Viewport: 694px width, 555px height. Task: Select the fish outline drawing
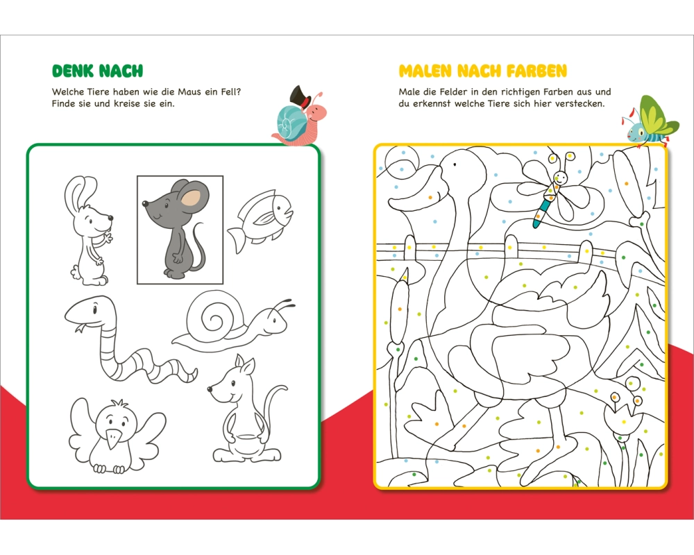[260, 221]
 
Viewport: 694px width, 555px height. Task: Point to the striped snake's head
[91, 311]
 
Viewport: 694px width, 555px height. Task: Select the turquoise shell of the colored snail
[290, 120]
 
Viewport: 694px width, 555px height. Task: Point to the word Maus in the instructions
[189, 92]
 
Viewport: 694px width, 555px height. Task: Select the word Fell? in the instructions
[230, 92]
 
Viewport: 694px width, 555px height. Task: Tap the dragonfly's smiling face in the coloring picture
[560, 178]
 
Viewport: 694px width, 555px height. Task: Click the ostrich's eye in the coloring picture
[454, 164]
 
